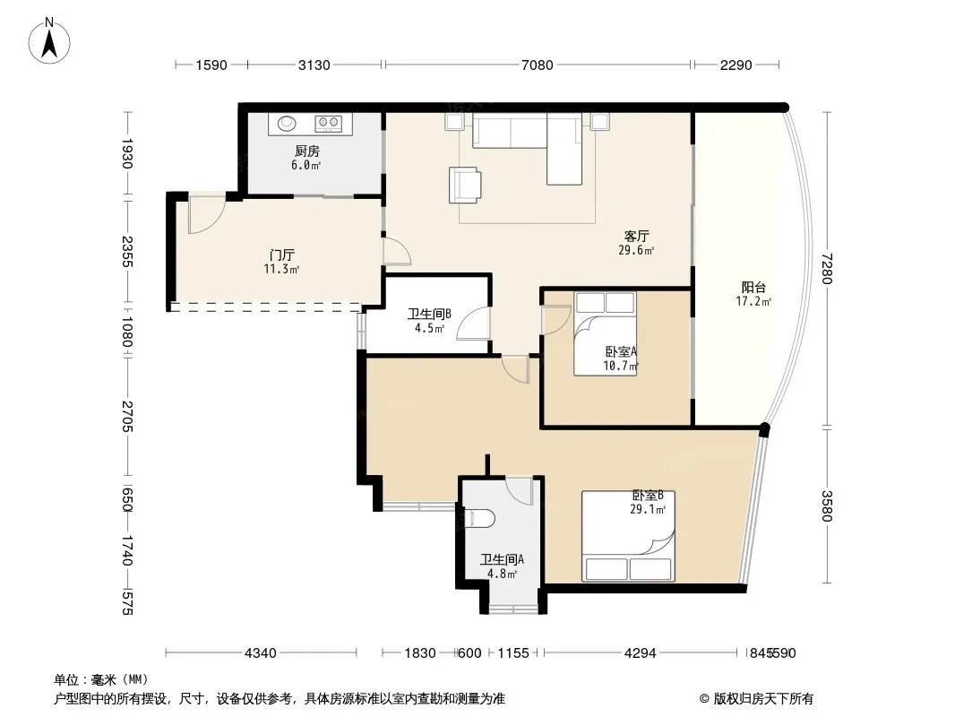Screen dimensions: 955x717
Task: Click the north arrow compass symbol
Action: [49, 41]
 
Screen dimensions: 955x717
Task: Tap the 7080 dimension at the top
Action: [538, 65]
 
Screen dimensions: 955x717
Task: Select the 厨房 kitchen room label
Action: [307, 151]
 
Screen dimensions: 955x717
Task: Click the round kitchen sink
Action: [287, 124]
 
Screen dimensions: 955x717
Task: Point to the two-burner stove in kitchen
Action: [328, 124]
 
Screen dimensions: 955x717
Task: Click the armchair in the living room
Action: [465, 185]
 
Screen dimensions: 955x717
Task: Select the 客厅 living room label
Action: [636, 236]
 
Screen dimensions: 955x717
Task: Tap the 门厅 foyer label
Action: [282, 255]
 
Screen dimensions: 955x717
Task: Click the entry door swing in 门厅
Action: [206, 214]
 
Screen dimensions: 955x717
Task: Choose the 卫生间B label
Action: [429, 314]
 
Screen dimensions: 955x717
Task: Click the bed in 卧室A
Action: [605, 333]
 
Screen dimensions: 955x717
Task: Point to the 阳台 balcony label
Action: [753, 288]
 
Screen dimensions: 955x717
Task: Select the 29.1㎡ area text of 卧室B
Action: [648, 509]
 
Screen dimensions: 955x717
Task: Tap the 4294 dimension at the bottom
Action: [641, 653]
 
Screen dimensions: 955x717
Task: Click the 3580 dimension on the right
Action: [826, 505]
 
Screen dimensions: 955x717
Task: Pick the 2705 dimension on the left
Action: [126, 416]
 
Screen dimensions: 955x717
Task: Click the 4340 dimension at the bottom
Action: [260, 653]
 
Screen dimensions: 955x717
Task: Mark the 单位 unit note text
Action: [101, 679]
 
